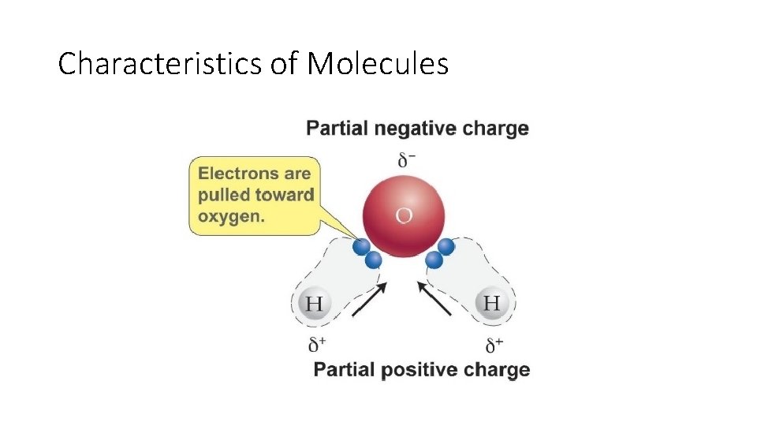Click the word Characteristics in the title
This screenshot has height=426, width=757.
tap(160, 63)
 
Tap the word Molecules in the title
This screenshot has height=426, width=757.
tap(378, 63)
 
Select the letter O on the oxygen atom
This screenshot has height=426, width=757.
tap(403, 215)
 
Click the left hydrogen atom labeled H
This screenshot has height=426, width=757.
tap(314, 304)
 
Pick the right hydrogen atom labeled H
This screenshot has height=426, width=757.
tap(491, 303)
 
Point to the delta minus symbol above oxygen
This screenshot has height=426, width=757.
tap(407, 160)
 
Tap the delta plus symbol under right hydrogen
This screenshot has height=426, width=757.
tap(494, 344)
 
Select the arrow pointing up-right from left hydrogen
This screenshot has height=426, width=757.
tap(369, 300)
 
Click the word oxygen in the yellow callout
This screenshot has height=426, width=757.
tap(230, 216)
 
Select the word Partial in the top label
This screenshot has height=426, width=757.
tap(335, 129)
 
